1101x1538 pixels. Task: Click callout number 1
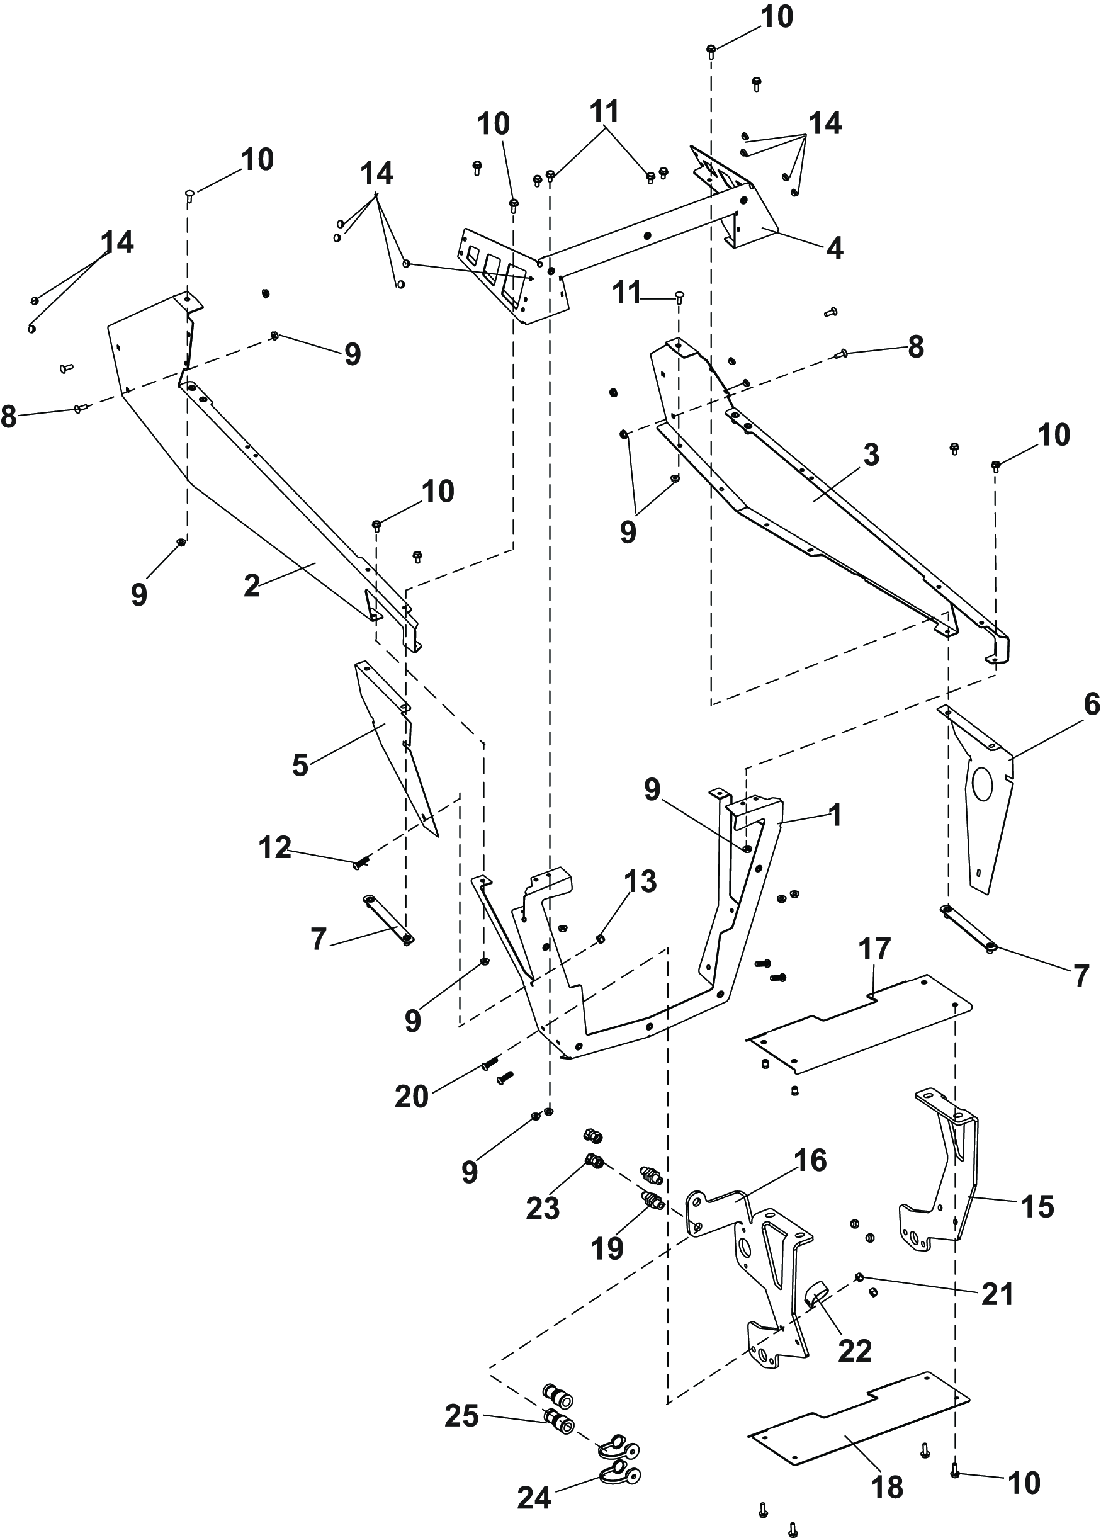tap(836, 815)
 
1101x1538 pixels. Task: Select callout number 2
tap(252, 586)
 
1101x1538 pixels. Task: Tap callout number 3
tap(871, 456)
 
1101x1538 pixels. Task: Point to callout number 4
tap(835, 249)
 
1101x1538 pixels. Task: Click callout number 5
tap(300, 766)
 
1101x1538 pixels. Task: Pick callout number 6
tap(1092, 705)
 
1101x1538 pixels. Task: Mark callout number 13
tap(641, 882)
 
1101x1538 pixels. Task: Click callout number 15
tap(1037, 1207)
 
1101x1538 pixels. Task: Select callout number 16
tap(811, 1160)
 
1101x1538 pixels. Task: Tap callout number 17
tap(874, 949)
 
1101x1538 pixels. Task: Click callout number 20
tap(412, 1097)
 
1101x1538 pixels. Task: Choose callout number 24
tap(534, 1479)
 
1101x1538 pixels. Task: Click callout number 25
tap(461, 1416)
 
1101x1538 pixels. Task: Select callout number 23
tap(543, 1209)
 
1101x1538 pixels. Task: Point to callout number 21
tap(997, 1294)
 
